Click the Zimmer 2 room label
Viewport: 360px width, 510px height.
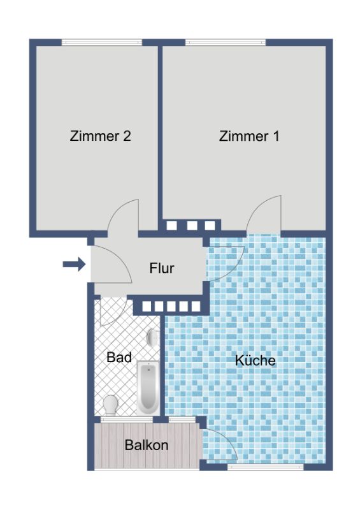click(x=100, y=136)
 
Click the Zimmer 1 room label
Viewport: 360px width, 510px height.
click(x=249, y=136)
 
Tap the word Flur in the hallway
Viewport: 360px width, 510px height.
click(x=162, y=268)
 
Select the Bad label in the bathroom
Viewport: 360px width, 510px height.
click(x=119, y=357)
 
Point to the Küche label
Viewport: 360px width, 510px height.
click(x=256, y=360)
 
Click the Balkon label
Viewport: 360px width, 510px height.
click(x=147, y=445)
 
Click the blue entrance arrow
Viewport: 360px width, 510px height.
click(x=74, y=264)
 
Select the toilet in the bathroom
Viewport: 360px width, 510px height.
click(x=110, y=405)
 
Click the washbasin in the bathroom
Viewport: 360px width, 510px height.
click(x=153, y=337)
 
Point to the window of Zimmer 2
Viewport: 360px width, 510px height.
click(x=102, y=42)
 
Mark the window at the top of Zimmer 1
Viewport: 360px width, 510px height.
click(x=226, y=42)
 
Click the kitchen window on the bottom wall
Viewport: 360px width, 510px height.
click(x=265, y=467)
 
